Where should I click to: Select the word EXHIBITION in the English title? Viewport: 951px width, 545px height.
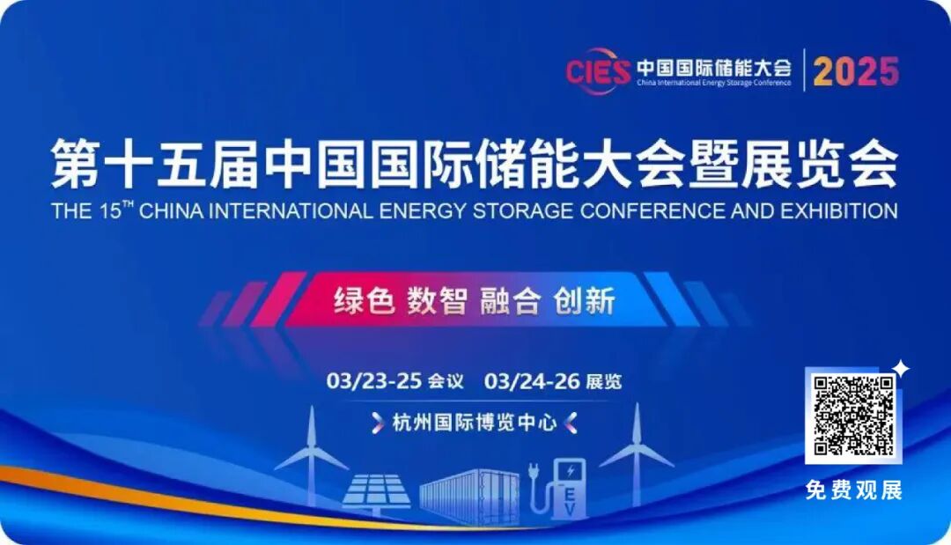(x=837, y=211)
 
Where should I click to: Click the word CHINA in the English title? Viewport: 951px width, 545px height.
(x=180, y=211)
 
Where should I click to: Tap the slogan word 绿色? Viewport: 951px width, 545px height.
(x=363, y=301)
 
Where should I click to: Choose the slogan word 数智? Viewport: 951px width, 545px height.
(x=436, y=301)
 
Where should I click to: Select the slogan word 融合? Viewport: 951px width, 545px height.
(x=509, y=301)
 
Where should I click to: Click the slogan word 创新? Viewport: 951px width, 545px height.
(x=583, y=301)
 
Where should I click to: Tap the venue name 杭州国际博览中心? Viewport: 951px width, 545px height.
(x=475, y=423)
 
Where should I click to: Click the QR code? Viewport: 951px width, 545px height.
(x=853, y=415)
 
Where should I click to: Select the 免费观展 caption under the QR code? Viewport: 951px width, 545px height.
(x=853, y=490)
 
